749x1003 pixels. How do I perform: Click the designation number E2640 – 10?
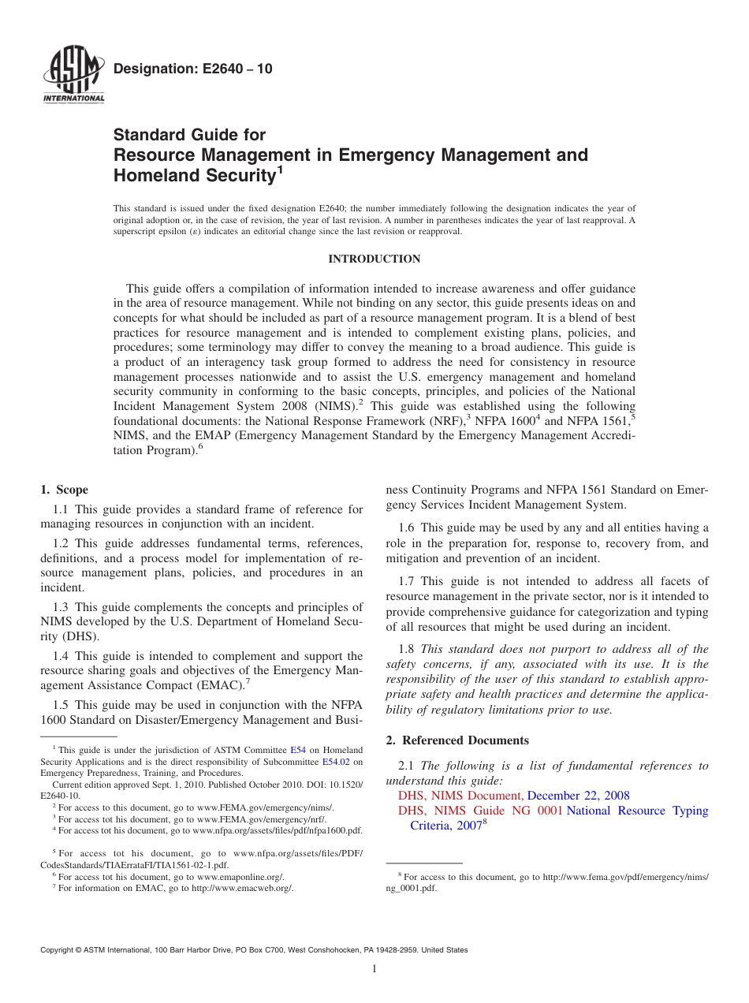click(x=193, y=69)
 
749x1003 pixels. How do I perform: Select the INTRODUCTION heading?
click(x=374, y=259)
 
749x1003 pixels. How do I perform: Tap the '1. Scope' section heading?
click(x=65, y=490)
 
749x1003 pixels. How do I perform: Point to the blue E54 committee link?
click(x=298, y=750)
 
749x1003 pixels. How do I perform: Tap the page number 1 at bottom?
click(x=374, y=969)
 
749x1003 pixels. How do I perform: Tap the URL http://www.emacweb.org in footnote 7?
click(x=241, y=888)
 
